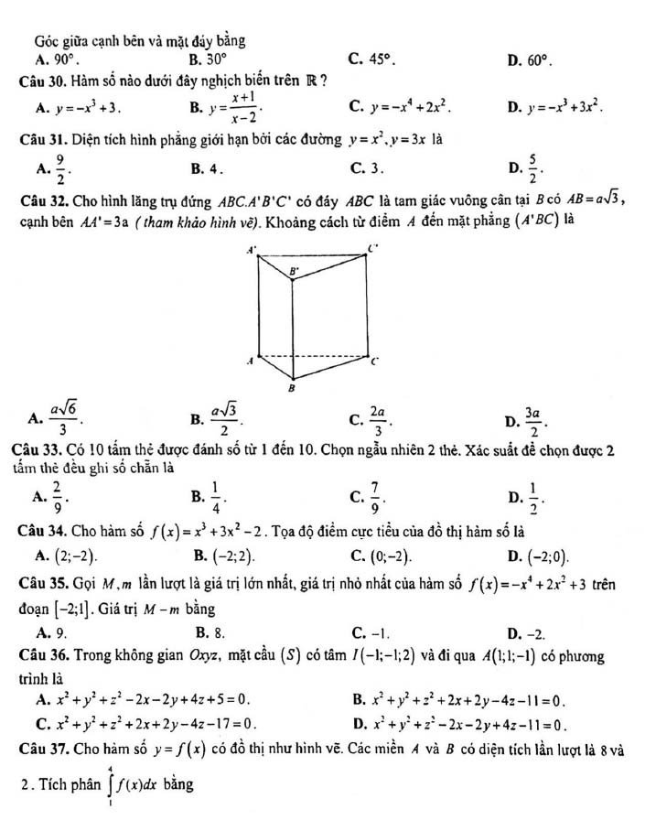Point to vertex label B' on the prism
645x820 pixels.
293,272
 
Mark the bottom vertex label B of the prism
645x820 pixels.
291,388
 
